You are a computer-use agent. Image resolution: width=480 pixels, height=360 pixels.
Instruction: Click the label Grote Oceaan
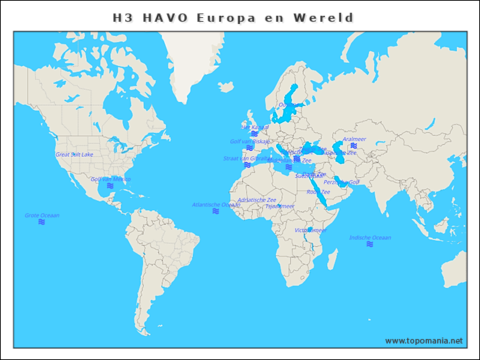42,215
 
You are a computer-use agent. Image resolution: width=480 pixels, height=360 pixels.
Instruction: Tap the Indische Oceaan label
370,238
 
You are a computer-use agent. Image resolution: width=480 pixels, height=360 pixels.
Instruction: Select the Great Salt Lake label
74,154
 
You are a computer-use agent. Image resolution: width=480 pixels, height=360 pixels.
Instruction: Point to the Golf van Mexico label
110,179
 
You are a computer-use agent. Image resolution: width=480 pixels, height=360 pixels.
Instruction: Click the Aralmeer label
354,139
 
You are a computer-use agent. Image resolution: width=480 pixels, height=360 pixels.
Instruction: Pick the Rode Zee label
318,192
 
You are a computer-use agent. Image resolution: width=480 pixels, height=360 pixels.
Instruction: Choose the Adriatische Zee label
256,199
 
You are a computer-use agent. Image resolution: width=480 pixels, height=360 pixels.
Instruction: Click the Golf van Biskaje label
250,141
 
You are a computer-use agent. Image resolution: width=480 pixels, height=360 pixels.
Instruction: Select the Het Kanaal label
255,127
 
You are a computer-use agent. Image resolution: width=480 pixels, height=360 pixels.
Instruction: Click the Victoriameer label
310,230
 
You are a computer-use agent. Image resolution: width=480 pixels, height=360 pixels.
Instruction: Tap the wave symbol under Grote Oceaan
42,222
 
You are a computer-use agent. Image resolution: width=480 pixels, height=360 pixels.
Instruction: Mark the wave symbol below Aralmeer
353,145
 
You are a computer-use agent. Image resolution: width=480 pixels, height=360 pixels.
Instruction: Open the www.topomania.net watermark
424,340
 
